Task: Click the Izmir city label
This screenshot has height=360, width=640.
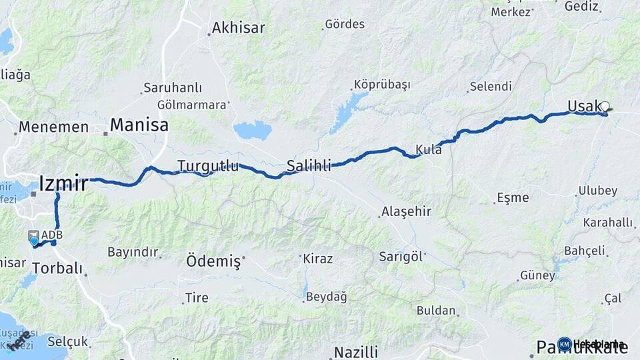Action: (63, 183)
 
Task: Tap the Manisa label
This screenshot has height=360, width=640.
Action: (139, 125)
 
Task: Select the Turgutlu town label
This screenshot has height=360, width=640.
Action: (207, 165)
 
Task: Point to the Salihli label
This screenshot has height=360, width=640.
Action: (309, 166)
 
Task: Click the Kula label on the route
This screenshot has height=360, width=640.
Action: (428, 149)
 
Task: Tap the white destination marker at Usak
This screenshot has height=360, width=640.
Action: (605, 106)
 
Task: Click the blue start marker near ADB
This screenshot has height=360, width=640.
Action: (34, 241)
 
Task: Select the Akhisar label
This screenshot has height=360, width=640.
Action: (238, 28)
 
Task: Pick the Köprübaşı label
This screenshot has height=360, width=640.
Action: (382, 85)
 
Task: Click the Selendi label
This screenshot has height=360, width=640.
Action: (491, 86)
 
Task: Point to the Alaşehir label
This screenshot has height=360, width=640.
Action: (406, 211)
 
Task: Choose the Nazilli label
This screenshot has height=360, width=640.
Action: (356, 352)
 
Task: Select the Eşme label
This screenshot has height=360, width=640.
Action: (513, 197)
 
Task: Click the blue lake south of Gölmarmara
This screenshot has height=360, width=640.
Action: (253, 130)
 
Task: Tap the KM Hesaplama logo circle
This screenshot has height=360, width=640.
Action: (564, 344)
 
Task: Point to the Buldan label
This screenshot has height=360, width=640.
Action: (436, 310)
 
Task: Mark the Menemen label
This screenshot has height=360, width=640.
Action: (53, 127)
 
